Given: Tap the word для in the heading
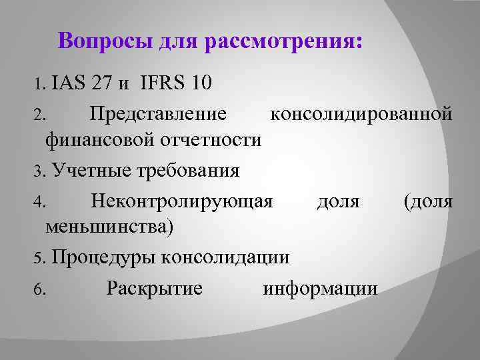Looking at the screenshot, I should (179, 41).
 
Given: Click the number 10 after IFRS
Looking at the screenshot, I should (202, 83).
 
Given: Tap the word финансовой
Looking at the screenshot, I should (100, 140).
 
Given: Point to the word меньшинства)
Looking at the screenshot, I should (109, 227).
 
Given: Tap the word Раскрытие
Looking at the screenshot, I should (155, 289).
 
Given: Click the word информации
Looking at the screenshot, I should (320, 289).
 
